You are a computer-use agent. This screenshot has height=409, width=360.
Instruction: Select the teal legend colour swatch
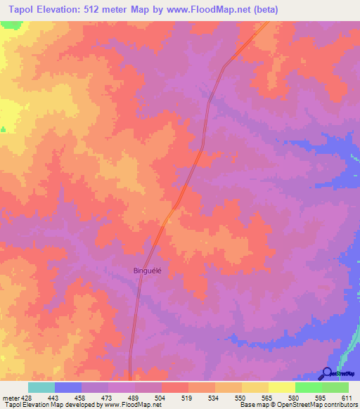click(41, 387)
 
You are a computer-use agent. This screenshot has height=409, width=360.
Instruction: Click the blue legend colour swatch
click(68, 387)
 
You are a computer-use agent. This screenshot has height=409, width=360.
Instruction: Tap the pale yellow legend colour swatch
click(281, 387)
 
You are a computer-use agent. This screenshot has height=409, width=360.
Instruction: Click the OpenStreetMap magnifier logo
click(328, 374)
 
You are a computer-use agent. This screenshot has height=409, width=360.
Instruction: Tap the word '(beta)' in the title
click(266, 10)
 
